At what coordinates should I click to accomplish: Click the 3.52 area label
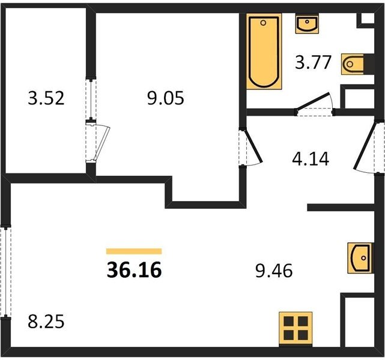point(46,98)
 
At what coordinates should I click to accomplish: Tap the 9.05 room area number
point(166,98)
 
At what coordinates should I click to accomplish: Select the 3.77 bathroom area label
point(314,62)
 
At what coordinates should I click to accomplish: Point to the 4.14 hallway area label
point(311,159)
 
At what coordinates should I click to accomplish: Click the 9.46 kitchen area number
point(274,271)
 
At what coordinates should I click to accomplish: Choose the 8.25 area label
point(46,322)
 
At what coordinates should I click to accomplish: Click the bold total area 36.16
point(135,270)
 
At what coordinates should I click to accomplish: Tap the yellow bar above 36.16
point(134,251)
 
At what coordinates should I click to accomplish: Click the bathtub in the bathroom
point(264,52)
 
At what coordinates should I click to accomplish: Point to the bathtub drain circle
point(263,23)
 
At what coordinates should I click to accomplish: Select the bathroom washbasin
point(307,23)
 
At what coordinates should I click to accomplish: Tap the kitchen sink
point(360,258)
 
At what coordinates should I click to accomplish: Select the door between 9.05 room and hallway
point(250,148)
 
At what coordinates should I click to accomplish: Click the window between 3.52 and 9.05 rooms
point(91,99)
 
